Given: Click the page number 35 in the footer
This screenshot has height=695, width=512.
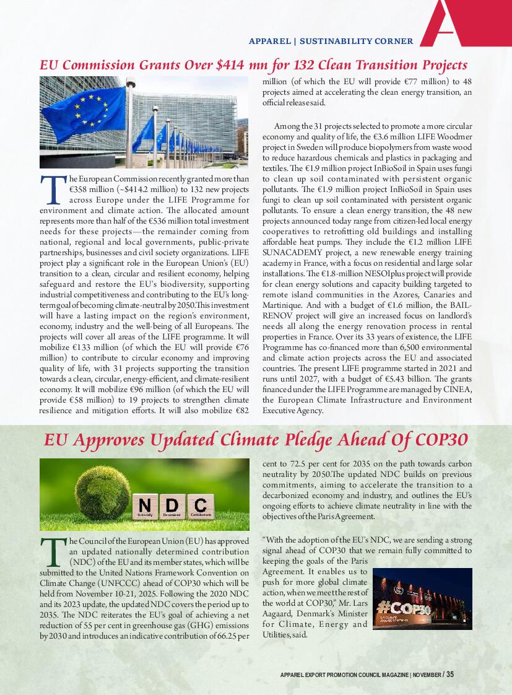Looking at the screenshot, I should [450, 675].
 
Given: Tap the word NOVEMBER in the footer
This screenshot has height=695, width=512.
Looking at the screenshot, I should [427, 675].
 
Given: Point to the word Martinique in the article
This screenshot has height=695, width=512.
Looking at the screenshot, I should [284, 305].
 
